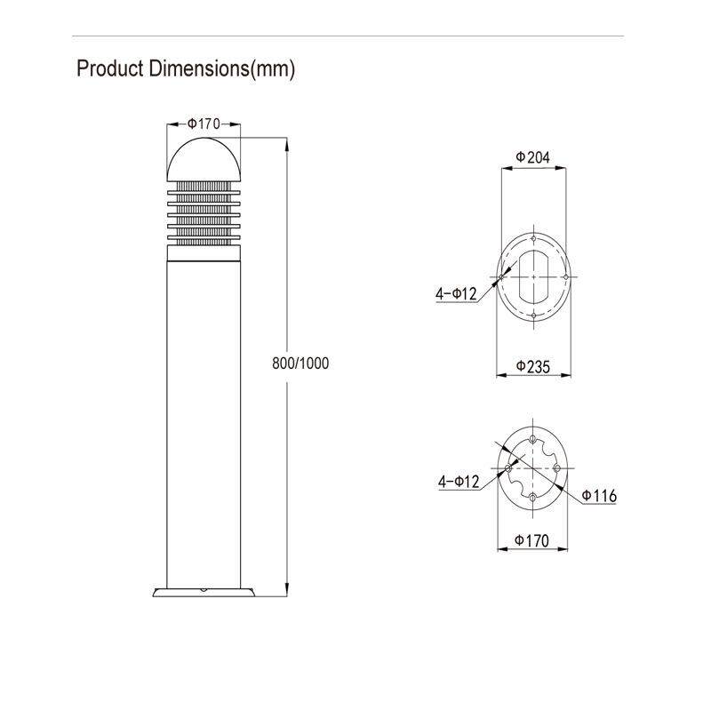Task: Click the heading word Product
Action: click(110, 68)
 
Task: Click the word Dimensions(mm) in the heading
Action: click(222, 69)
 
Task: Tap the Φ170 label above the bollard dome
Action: click(204, 124)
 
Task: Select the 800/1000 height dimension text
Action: click(300, 363)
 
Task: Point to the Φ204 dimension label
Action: click(532, 157)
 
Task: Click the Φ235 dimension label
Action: click(533, 366)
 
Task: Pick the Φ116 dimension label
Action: click(599, 496)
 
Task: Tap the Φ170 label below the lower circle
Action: click(531, 540)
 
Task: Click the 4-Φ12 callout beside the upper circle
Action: click(456, 294)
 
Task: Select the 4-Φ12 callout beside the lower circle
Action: click(459, 481)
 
